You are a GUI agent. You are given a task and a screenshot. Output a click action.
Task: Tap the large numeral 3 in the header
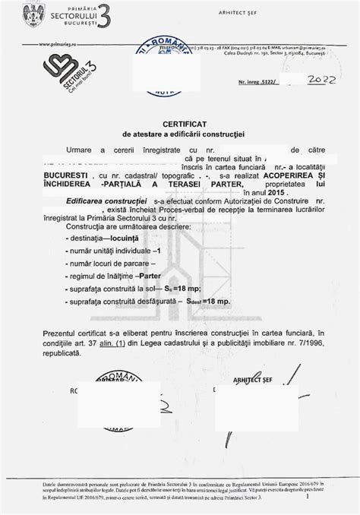108,15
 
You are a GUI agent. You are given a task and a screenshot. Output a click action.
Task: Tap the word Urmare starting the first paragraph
80,151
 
